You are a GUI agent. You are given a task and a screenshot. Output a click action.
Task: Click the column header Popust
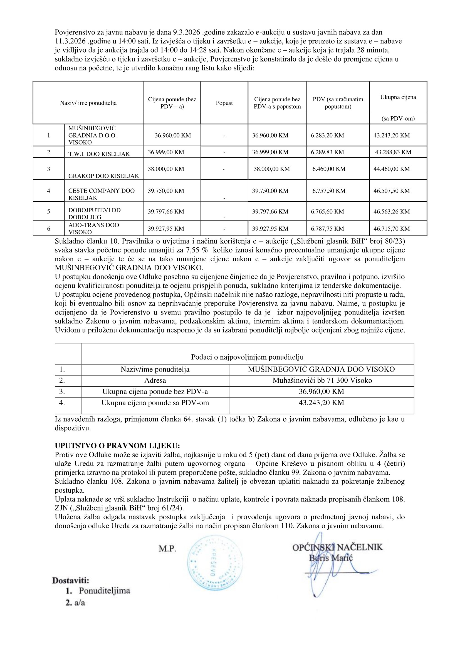224,103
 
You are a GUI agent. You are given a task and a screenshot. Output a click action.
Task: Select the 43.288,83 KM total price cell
393,152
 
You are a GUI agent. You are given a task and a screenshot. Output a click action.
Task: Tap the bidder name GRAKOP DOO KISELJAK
104,176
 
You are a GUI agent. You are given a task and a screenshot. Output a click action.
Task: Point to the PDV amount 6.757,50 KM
329,191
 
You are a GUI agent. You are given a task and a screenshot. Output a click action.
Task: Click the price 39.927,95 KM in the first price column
166,229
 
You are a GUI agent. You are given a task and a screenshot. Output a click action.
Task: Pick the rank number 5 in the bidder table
49,212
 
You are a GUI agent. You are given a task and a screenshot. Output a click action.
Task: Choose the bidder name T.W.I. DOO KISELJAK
99,154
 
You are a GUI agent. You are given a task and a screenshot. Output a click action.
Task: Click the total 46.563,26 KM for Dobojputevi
392,212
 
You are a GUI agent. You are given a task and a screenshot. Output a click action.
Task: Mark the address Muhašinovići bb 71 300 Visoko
322,380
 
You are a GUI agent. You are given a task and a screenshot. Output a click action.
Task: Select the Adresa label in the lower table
155,380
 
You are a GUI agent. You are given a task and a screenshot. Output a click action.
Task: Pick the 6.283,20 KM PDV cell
327,136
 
